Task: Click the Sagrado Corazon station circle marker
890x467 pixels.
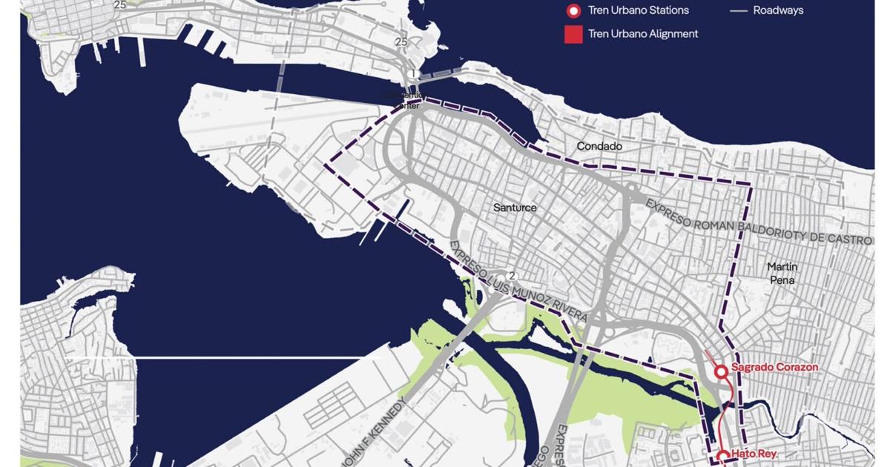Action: (720, 371)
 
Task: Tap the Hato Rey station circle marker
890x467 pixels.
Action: (722, 457)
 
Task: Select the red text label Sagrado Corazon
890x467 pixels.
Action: (774, 367)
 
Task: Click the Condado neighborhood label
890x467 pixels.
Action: (599, 147)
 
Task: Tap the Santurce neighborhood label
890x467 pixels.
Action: (515, 208)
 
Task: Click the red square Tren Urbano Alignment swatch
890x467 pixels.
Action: (573, 33)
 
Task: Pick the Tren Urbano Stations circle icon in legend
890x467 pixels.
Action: (573, 11)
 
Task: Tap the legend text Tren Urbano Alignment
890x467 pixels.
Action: (643, 33)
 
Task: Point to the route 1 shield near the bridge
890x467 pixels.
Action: (413, 74)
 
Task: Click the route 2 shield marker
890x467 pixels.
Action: (511, 276)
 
